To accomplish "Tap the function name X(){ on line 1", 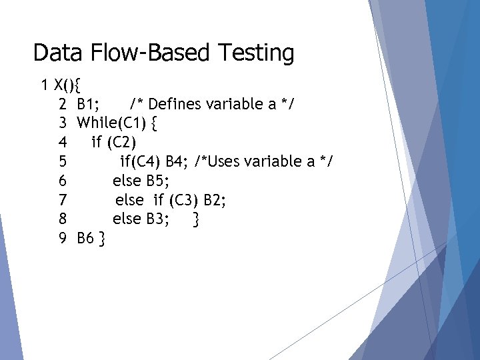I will [67, 85].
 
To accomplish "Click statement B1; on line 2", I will [89, 105].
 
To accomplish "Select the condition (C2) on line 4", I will [121, 143].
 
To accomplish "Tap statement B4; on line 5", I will [177, 162].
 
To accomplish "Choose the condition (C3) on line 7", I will [184, 200].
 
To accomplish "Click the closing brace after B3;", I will [195, 219].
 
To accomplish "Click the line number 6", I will [62, 181].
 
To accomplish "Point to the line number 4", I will [62, 143].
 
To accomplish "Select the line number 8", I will [62, 219].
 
